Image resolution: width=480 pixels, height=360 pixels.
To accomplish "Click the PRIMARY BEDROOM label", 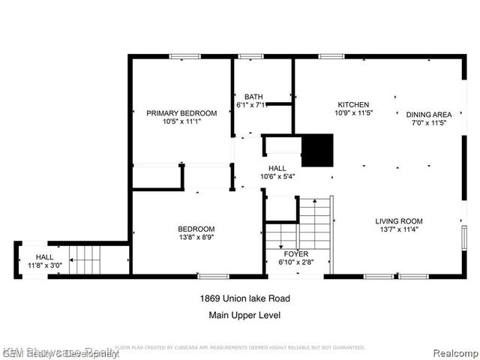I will tap(181, 113).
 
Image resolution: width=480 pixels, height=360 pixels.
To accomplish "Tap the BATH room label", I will tap(253, 97).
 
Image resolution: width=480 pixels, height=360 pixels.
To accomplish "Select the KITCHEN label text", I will tap(353, 104).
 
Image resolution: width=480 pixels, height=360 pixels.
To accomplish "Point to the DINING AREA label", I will tap(429, 115).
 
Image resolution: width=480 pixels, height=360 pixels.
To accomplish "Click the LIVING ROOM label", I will tap(399, 221).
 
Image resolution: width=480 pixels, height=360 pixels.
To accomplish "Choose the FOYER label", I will tap(295, 254).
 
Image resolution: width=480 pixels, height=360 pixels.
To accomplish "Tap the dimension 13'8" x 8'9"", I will tap(196, 238).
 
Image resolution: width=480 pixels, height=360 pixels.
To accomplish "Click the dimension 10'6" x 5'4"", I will tap(277, 177).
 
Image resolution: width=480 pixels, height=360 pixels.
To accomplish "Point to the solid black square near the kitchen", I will tap(316, 151).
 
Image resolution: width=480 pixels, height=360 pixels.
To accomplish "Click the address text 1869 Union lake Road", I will tap(244, 298).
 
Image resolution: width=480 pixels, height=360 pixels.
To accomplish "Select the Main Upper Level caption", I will tap(244, 315).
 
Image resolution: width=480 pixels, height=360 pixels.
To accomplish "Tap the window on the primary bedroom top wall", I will tap(184, 56).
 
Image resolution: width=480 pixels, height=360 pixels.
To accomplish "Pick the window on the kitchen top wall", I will tap(331, 56).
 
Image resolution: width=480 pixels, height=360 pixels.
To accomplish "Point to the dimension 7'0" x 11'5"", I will tap(429, 123).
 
